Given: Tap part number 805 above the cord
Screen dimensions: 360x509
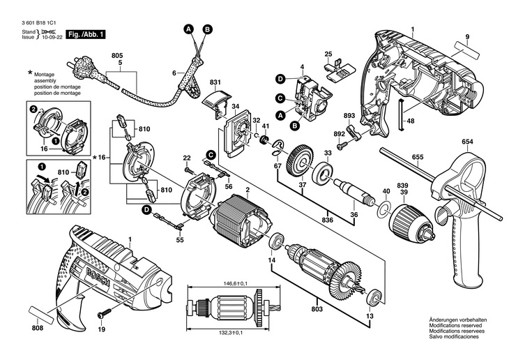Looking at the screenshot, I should (116, 54).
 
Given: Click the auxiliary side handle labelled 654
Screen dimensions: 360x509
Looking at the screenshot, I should (460, 209).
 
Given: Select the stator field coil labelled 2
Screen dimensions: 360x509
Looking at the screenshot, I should (236, 216).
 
